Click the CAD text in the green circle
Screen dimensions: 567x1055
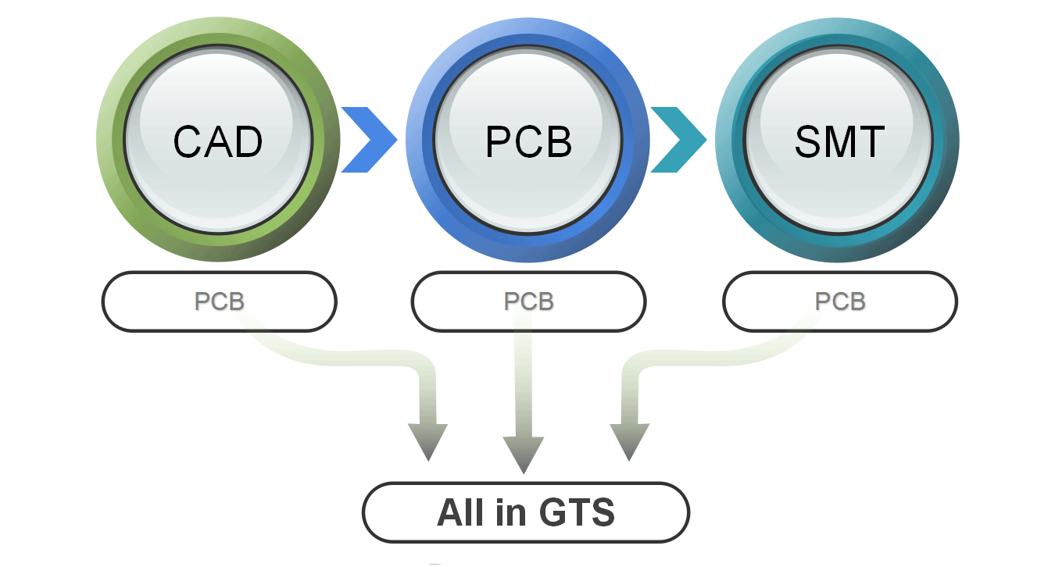(x=218, y=141)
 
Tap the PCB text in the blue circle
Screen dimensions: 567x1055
(x=528, y=141)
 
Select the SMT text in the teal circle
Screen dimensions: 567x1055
(x=839, y=141)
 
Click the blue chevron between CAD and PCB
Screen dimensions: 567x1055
(x=368, y=140)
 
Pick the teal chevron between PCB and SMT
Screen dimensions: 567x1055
(x=678, y=140)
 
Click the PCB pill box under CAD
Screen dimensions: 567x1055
(x=219, y=301)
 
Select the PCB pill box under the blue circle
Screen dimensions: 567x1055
(x=528, y=301)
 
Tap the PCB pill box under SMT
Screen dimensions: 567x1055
(x=839, y=301)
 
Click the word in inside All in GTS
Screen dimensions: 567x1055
(x=506, y=513)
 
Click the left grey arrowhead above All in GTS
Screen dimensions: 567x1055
(x=427, y=441)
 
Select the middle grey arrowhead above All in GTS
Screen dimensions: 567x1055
(x=523, y=454)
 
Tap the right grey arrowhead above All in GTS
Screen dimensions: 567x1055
(x=629, y=441)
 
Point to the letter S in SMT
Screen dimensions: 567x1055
(x=810, y=141)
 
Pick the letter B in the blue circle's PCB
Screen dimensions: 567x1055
(x=559, y=141)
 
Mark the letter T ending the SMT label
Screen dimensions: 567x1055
(x=871, y=141)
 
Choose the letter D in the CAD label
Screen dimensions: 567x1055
(x=249, y=141)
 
